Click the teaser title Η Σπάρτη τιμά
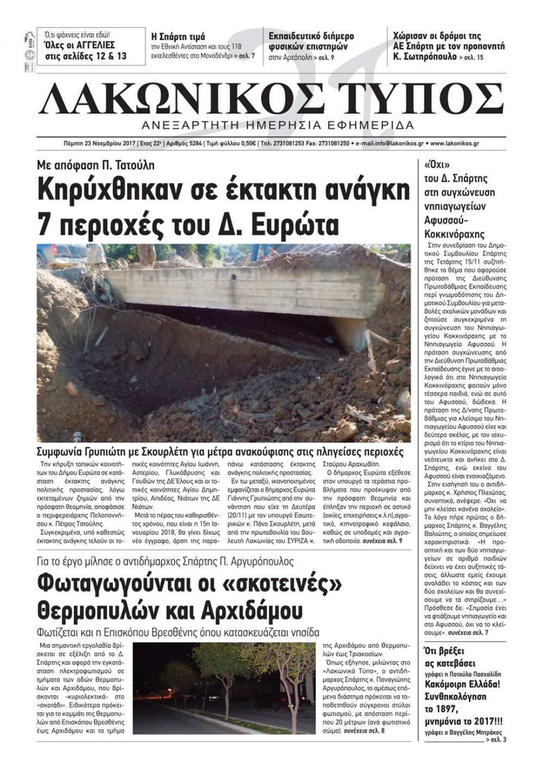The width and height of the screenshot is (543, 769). pyautogui.click(x=178, y=37)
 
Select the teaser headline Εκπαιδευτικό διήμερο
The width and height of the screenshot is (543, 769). pyautogui.click(x=311, y=36)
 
